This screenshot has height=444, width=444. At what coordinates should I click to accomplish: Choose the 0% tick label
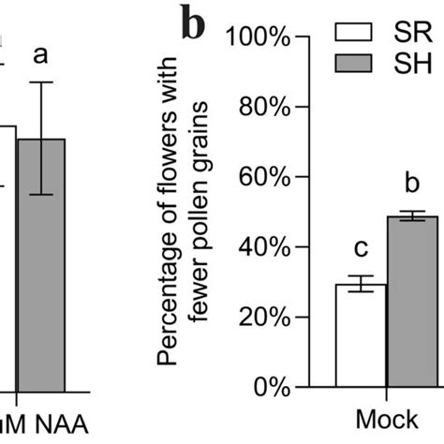268,387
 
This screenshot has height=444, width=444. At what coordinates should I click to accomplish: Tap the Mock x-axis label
387,421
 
